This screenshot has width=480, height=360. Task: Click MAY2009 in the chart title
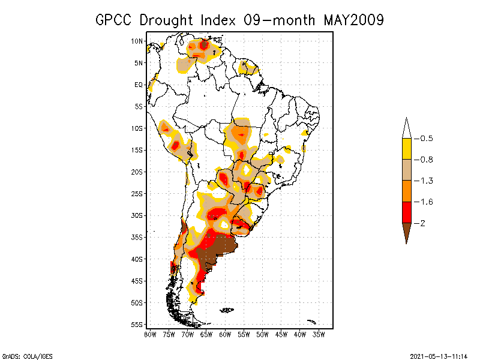[x=353, y=20]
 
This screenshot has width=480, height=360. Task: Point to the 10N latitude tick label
[x=137, y=41]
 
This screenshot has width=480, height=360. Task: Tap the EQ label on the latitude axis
[x=139, y=85]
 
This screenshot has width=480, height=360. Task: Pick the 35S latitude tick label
[x=137, y=237]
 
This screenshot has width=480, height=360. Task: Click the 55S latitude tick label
[x=137, y=325]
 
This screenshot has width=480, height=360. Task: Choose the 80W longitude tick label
[x=150, y=334]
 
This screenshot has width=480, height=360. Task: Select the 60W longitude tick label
[x=226, y=334]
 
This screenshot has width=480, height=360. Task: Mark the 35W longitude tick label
[x=319, y=334]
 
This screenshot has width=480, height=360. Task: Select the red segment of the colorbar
[x=406, y=212]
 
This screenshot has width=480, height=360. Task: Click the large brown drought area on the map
[x=217, y=249]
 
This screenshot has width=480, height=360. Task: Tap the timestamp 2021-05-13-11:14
[x=439, y=355]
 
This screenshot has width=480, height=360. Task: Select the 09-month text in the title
[x=281, y=20]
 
